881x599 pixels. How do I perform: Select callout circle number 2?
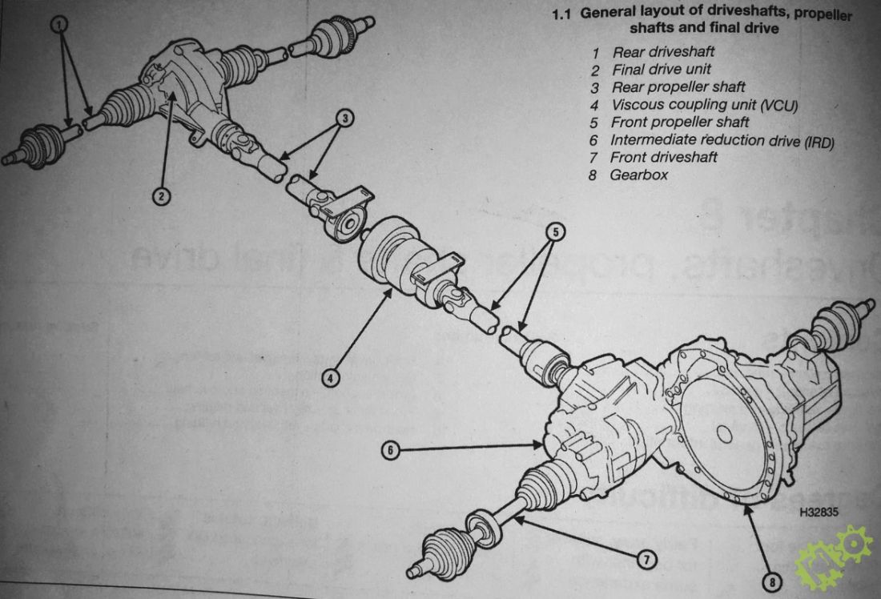161,196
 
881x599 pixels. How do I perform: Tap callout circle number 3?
345,118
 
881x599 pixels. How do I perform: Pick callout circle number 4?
331,378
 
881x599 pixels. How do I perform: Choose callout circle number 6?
391,450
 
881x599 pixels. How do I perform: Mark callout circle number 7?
646,559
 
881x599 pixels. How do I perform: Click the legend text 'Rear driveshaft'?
663,52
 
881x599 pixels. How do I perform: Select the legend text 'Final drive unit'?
662,70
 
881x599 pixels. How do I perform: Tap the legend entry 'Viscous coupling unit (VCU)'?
705,105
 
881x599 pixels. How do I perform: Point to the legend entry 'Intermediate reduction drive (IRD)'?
722,140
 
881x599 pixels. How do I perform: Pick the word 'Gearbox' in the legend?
639,175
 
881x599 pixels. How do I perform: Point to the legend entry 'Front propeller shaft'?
680,123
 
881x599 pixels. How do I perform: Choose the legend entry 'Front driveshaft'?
664,157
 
